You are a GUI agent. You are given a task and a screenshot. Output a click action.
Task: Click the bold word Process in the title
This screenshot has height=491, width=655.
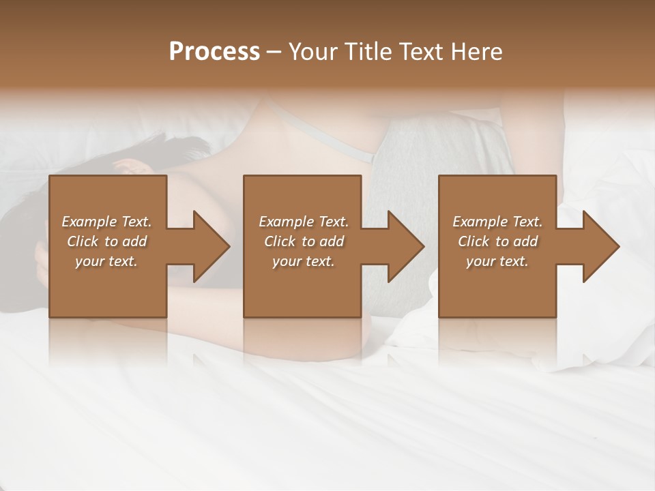214,52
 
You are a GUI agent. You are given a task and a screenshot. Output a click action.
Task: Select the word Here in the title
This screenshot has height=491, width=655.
477,52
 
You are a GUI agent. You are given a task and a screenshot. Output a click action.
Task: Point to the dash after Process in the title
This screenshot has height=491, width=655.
274,53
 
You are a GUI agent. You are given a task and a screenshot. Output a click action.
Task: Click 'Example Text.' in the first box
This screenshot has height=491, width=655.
106,222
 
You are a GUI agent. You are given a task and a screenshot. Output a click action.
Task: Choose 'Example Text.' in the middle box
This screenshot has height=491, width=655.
303,222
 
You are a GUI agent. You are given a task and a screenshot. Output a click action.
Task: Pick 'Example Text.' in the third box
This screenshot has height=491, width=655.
497,222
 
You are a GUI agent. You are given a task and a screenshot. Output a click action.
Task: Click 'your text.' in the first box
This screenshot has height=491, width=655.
106,261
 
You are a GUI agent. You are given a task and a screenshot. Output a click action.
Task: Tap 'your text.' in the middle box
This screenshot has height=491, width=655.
303,261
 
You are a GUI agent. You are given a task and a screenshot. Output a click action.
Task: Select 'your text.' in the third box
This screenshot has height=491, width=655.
497,261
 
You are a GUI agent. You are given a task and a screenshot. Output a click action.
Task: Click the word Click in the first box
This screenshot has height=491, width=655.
83,241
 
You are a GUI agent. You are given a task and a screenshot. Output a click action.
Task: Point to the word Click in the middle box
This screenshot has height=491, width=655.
280,241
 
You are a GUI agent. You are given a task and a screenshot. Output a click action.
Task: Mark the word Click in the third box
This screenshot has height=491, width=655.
474,241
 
